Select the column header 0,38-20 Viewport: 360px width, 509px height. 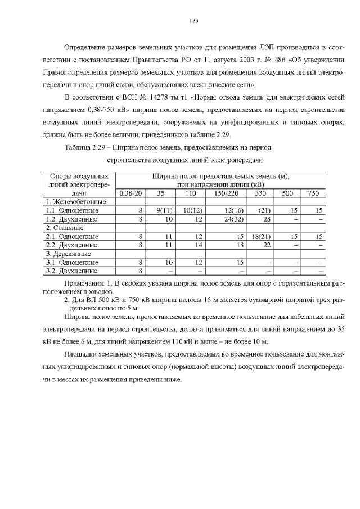tap(130, 193)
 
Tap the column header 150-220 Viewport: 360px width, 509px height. tap(226, 193)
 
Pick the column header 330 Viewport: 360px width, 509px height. tap(260, 193)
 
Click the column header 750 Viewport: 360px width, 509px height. tap(313, 193)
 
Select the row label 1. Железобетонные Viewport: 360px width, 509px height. tap(76, 201)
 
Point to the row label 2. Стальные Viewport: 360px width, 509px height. tap(65, 228)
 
